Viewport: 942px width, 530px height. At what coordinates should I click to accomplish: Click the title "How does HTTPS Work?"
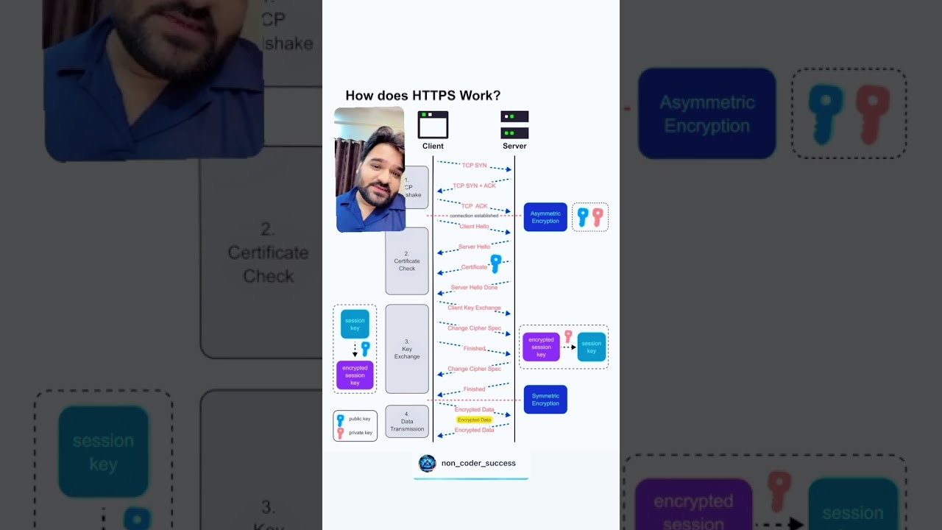(422, 96)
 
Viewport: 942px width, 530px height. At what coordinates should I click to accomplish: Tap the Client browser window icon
(433, 125)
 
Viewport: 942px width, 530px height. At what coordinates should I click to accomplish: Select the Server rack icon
(514, 125)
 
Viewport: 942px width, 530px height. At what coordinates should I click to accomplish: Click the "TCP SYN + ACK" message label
(474, 185)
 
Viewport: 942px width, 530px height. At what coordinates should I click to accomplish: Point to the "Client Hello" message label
(474, 226)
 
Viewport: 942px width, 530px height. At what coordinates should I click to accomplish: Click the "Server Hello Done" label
(474, 287)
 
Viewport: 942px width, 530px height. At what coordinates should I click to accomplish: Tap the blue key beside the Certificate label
(496, 263)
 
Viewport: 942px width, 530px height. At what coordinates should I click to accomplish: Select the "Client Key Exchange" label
(474, 308)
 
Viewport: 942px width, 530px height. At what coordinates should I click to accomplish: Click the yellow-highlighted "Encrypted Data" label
(474, 420)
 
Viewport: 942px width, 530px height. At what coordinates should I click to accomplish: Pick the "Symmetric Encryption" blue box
(545, 399)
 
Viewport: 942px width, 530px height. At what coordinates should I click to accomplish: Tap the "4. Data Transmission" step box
(407, 422)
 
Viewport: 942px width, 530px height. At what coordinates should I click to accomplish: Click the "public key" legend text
(360, 419)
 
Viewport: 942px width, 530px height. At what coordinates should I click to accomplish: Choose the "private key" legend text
(361, 433)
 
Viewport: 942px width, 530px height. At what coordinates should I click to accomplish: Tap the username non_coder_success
(478, 463)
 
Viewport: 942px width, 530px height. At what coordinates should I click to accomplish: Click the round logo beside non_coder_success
(427, 463)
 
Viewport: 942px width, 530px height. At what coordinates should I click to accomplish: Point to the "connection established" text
(474, 216)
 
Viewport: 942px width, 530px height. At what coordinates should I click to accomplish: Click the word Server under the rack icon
(514, 146)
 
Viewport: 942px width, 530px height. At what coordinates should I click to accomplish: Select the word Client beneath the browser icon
(433, 146)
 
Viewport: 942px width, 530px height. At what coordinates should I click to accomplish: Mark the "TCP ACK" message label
(474, 206)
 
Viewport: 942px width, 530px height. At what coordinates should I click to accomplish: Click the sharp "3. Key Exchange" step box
(407, 349)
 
